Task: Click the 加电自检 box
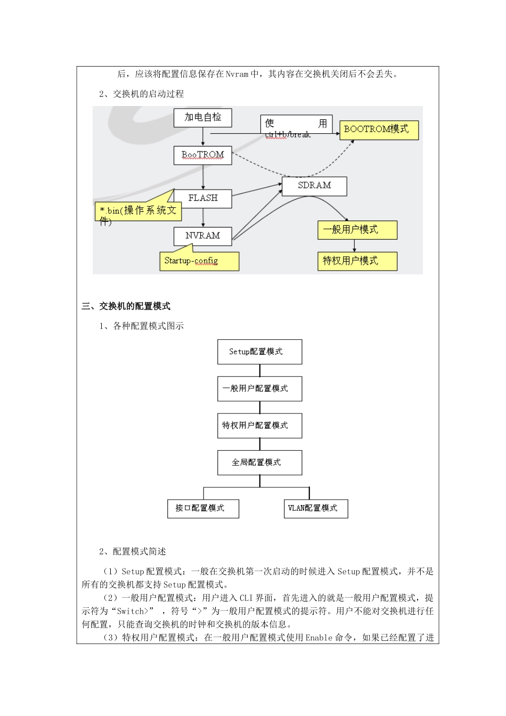[202, 118]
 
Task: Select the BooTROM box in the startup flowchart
[202, 155]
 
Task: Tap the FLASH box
[202, 198]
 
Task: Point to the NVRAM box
[202, 236]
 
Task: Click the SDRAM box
[314, 186]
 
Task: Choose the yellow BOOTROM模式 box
[379, 129]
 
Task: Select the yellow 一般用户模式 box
[357, 230]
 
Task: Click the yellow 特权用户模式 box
[357, 261]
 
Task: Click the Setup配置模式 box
[259, 352]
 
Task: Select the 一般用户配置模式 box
[259, 389]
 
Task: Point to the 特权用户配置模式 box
[259, 426]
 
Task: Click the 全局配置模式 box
[259, 462]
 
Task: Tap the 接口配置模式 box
[203, 508]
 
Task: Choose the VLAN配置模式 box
[316, 508]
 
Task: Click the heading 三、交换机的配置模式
[126, 306]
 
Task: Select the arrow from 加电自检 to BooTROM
[203, 136]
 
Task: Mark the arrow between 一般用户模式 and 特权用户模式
[354, 246]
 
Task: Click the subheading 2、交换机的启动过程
[142, 94]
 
